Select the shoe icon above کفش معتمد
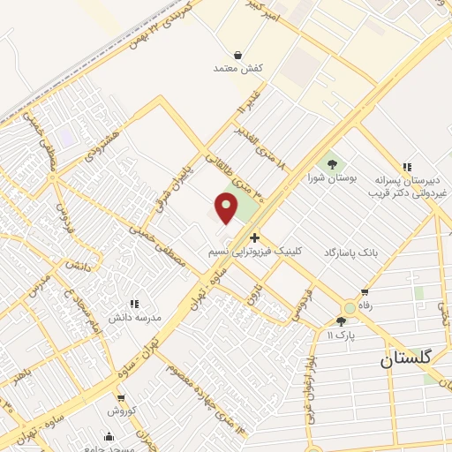click(238, 55)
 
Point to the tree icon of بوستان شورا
click(332, 163)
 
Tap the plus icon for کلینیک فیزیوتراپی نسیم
click(254, 237)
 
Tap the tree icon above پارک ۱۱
click(342, 321)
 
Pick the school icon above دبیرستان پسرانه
click(407, 167)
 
